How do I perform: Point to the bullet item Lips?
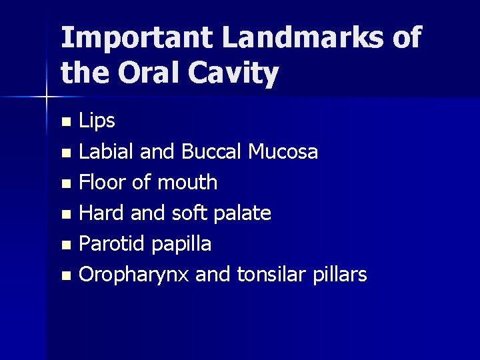[97, 122]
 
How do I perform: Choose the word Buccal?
[213, 152]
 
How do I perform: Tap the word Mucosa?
[283, 152]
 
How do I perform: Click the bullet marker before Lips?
[65, 123]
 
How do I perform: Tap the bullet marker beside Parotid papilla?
[65, 245]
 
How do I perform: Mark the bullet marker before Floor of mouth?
[65, 183]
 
